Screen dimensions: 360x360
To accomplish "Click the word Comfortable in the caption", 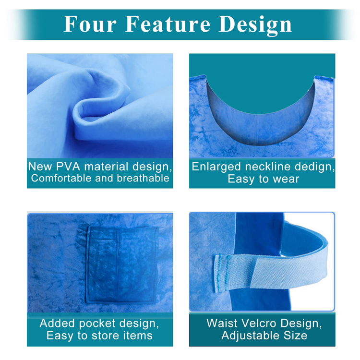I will (x=63, y=179).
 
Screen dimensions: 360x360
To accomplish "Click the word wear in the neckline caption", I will (x=286, y=180).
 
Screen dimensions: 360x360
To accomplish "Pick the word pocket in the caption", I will (x=96, y=323).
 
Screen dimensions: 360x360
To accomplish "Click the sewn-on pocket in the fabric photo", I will (x=122, y=264).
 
